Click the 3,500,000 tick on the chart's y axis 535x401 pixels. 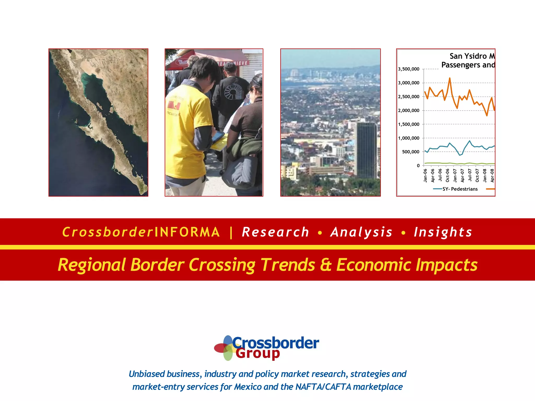click(409, 69)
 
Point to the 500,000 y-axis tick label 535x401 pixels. click(411, 152)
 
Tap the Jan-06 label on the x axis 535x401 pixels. click(425, 175)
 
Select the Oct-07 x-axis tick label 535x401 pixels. click(477, 175)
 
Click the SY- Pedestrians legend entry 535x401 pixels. click(460, 189)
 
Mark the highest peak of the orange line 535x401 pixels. click(450, 78)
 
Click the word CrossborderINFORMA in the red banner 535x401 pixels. click(141, 232)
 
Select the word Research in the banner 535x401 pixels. click(276, 232)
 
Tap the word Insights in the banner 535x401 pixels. click(443, 232)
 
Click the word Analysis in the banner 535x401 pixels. click(362, 232)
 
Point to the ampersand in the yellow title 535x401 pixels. click(326, 265)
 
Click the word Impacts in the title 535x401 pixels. click(446, 265)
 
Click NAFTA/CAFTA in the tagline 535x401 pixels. click(323, 387)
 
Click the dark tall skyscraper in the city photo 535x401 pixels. click(367, 150)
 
